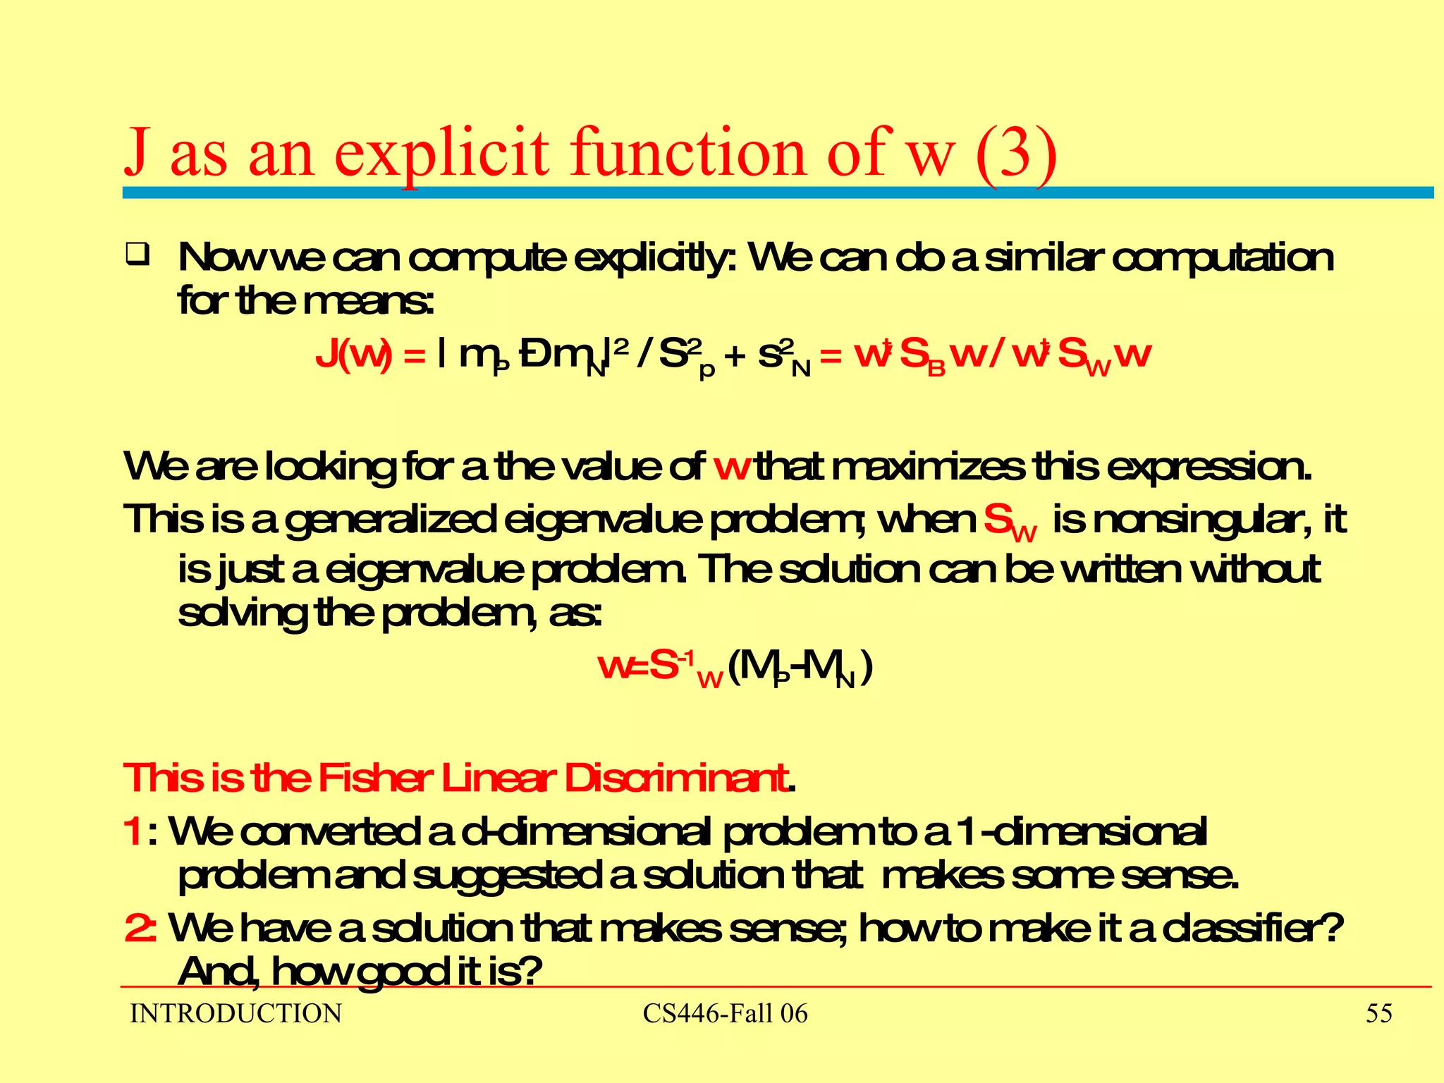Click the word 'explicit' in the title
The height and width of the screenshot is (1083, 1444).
[441, 152]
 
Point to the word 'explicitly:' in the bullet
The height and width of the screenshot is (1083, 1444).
[655, 258]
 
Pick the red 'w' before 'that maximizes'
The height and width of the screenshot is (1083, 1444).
[731, 467]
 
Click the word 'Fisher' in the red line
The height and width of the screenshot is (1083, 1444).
[374, 778]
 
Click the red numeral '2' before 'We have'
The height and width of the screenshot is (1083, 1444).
[136, 928]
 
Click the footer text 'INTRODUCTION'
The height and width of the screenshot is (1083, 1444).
[235, 1014]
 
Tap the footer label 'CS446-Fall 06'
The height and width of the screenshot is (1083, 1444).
[725, 1014]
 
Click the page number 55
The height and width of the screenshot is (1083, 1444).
[1378, 1014]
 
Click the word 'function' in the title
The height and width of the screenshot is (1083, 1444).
[687, 152]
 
